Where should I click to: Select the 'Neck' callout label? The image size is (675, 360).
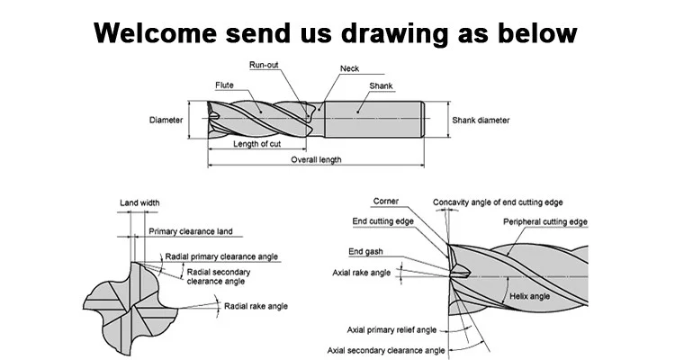349,69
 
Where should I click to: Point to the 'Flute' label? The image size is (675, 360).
225,85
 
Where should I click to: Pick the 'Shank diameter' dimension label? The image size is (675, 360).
481,120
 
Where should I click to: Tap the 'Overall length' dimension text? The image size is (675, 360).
315,160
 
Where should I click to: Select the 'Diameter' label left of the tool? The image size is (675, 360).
166,120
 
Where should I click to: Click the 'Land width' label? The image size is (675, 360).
139,203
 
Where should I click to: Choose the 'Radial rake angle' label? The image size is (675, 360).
256,307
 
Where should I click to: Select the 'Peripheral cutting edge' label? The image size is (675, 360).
545,222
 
